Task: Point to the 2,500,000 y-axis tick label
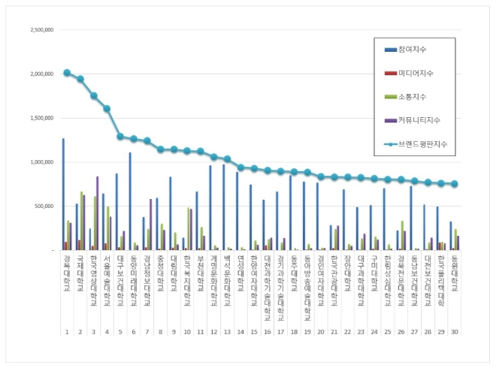click(41, 31)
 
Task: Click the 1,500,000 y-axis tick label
click(41, 118)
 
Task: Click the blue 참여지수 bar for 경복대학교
click(63, 194)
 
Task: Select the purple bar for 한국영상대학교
click(98, 213)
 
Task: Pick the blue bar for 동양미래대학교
click(130, 201)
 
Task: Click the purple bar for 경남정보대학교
click(151, 224)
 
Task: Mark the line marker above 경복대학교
click(67, 73)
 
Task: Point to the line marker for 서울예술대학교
click(107, 108)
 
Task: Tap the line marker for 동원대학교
click(455, 184)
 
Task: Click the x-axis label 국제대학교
click(80, 273)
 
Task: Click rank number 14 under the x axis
click(240, 331)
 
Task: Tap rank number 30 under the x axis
click(455, 331)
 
